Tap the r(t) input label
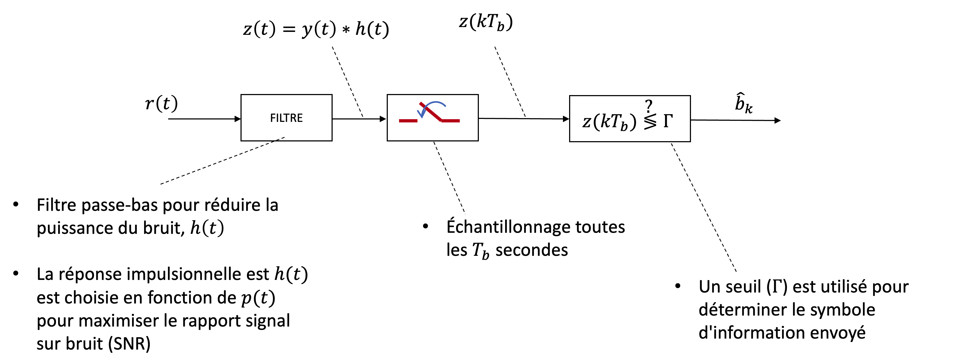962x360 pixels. (x=161, y=103)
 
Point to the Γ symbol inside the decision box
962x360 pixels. (x=668, y=121)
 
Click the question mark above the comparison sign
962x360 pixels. (x=649, y=106)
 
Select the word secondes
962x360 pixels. (x=531, y=250)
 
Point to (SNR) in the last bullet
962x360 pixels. (x=130, y=344)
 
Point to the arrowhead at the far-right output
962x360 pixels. (x=777, y=120)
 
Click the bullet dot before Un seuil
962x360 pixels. (x=678, y=286)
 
